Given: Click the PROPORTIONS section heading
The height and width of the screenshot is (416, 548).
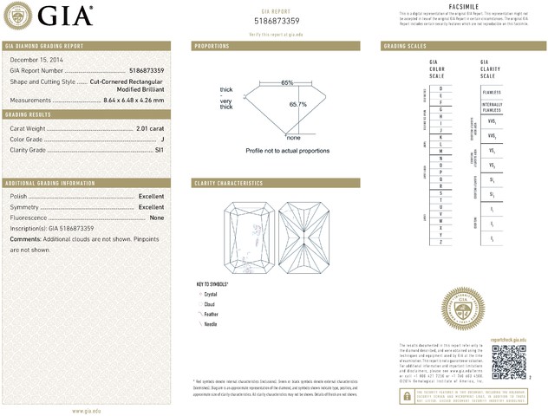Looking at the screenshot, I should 212,45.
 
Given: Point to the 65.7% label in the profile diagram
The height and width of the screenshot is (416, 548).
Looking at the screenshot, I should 297,104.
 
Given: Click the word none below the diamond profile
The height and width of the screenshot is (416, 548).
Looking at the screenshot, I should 293,138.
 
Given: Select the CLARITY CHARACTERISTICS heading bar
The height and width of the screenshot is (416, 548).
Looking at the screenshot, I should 275,183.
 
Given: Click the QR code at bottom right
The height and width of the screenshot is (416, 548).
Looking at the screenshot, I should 508,361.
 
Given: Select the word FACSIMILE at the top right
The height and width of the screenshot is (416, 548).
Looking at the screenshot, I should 465,6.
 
